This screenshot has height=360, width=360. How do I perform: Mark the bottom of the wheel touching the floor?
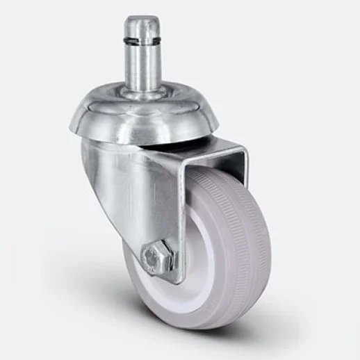222,322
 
